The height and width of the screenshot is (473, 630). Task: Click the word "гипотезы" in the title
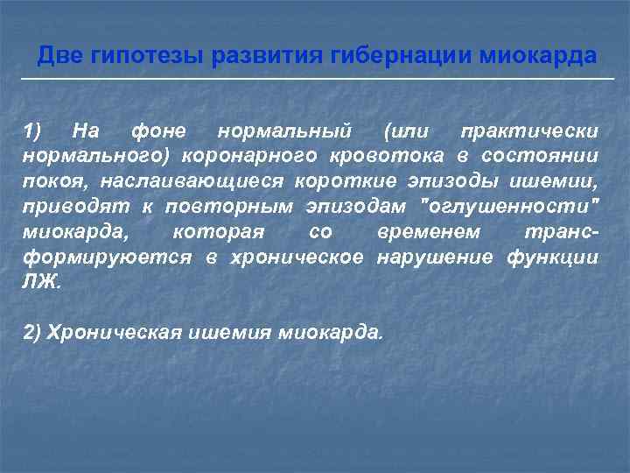140,57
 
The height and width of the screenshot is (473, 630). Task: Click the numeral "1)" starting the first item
32,131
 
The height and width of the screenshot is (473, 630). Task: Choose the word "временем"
429,232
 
